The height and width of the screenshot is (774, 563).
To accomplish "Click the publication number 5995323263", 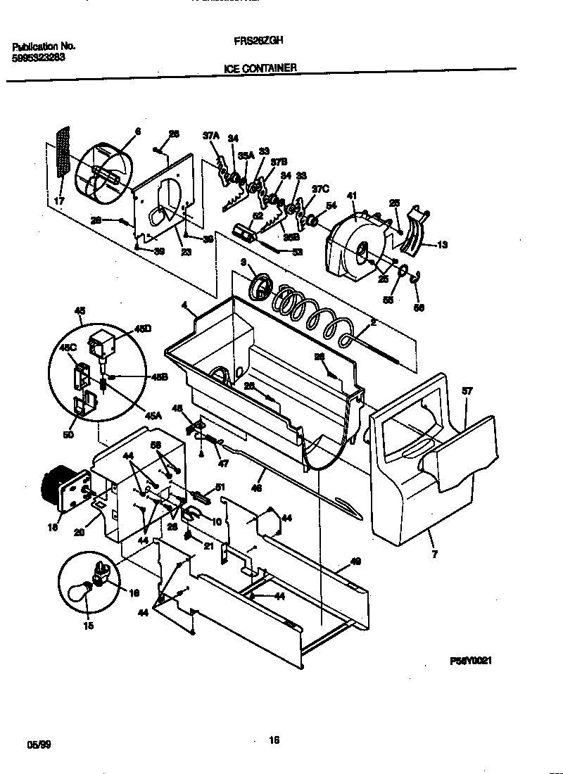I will tap(39, 58).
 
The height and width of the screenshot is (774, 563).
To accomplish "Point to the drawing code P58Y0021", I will tap(470, 661).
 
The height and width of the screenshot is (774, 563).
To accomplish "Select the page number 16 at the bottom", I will tap(274, 740).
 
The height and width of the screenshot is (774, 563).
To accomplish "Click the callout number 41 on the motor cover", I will tap(353, 196).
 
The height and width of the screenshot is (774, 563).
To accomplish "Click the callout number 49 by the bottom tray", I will tap(355, 561).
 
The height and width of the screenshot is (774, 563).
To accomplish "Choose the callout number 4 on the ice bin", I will tap(184, 306).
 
